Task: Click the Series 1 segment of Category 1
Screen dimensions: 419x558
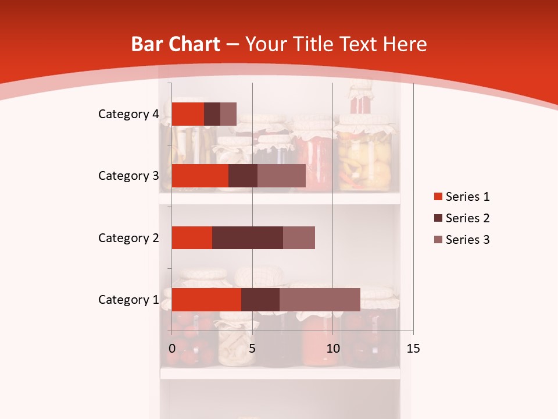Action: click(206, 299)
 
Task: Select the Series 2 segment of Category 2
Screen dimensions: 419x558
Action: click(247, 237)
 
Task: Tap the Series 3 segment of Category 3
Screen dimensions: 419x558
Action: click(281, 176)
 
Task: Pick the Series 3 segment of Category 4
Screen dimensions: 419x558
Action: click(228, 114)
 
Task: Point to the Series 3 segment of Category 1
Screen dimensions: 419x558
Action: click(320, 299)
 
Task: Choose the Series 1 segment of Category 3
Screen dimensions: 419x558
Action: click(200, 176)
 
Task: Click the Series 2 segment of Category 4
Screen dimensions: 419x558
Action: click(212, 114)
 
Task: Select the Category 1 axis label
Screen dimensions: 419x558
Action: click(128, 300)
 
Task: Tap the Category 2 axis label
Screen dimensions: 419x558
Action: click(128, 238)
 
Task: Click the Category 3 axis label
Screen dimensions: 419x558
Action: click(128, 176)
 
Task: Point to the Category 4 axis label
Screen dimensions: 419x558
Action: click(128, 114)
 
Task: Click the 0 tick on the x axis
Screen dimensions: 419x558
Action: click(172, 349)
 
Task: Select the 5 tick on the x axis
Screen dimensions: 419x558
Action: click(252, 349)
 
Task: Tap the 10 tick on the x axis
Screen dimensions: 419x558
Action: click(332, 349)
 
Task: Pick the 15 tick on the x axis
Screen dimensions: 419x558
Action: click(413, 349)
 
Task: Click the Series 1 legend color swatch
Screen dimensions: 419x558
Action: click(437, 197)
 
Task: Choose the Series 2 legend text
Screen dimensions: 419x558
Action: click(467, 218)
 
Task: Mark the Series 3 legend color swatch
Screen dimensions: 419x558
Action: click(437, 240)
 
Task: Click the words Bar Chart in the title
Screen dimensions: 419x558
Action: click(176, 44)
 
